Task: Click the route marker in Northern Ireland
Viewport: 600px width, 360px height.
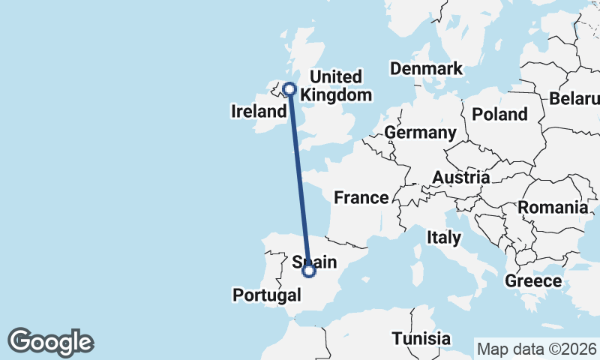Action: (x=289, y=89)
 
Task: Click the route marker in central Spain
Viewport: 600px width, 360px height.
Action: (x=308, y=271)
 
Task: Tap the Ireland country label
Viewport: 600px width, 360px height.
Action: (x=258, y=112)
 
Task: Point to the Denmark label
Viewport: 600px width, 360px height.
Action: (x=426, y=69)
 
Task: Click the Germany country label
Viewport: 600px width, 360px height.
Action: (x=420, y=133)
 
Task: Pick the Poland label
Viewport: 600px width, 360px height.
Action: (x=499, y=115)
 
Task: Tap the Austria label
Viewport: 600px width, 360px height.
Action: (x=460, y=178)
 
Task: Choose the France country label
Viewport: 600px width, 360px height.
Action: (x=361, y=198)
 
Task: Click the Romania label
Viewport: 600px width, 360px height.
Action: (x=553, y=207)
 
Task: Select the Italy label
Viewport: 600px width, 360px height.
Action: (x=443, y=238)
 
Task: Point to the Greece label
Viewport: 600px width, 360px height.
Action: (x=533, y=281)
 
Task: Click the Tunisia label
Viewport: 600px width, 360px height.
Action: (x=421, y=338)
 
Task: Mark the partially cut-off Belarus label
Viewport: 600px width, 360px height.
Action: (x=574, y=99)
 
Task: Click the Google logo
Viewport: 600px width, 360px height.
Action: (x=51, y=342)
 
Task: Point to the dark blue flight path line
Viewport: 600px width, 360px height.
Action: (x=298, y=180)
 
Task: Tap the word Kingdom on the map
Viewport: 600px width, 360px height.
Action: (x=341, y=95)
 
